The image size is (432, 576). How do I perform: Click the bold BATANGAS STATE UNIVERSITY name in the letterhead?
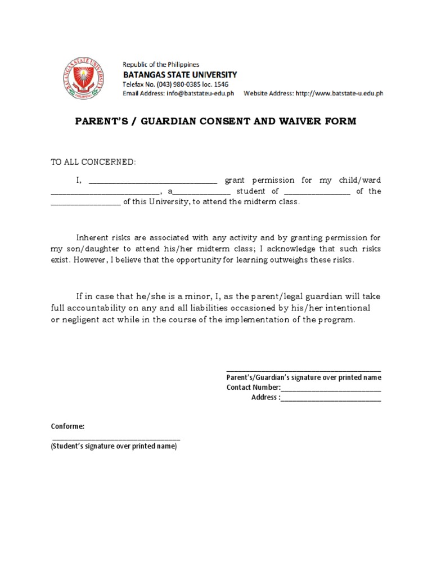180,74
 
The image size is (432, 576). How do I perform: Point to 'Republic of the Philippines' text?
161,65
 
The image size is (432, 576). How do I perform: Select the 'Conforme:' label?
67,426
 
